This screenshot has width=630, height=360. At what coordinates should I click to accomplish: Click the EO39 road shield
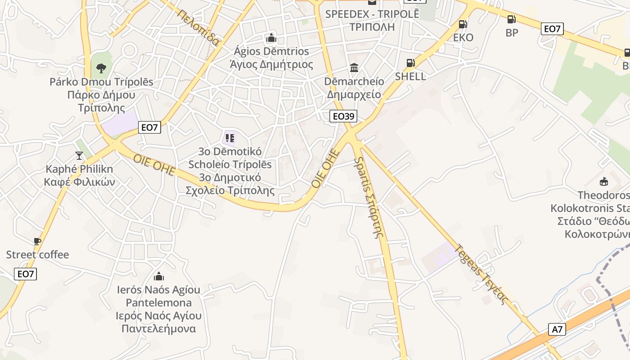343,116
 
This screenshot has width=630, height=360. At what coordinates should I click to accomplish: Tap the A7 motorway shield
557,329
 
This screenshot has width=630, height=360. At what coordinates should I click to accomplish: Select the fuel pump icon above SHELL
410,63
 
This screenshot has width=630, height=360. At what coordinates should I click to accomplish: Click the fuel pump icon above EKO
462,24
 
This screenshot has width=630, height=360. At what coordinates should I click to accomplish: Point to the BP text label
512,32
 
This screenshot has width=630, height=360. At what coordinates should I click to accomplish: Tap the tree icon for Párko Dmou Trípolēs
101,68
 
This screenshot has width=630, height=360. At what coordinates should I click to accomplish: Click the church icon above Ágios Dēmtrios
271,37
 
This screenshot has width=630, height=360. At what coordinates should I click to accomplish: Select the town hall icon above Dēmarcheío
354,68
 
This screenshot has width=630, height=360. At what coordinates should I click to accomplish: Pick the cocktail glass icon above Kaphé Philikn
79,156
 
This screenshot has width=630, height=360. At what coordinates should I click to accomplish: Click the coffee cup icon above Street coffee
37,241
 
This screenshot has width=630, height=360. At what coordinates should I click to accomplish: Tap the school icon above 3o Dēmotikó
230,138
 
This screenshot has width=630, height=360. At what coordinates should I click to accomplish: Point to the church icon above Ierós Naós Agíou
158,276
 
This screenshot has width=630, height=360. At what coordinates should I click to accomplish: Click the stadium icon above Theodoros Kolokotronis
603,181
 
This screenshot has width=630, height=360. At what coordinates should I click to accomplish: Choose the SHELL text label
410,76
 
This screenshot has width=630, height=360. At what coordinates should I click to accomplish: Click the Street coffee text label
37,255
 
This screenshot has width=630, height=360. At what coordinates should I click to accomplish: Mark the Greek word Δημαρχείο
354,94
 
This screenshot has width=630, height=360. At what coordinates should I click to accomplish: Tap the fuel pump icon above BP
511,19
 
